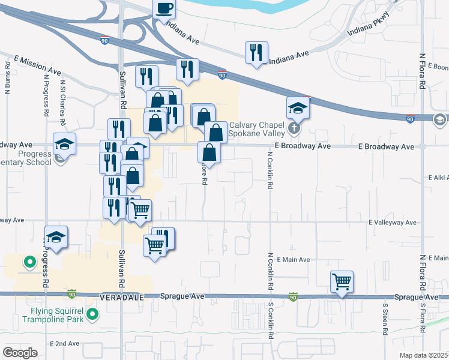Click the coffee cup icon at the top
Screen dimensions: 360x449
point(164,9)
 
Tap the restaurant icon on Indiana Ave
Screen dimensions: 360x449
point(256,52)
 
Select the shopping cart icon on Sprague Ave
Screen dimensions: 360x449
point(342,280)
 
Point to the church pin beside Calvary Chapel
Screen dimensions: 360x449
point(294,128)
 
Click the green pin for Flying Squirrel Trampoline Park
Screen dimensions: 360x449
point(92,314)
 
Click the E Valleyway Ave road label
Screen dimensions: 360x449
point(393,222)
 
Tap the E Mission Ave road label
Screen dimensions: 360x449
point(37,65)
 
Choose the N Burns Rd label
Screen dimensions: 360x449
point(8,79)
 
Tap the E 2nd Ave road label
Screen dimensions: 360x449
point(65,343)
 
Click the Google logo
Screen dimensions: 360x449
point(20,352)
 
